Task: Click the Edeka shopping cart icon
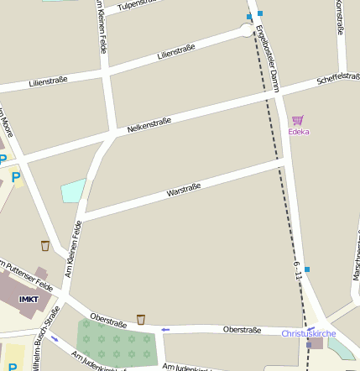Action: point(298,120)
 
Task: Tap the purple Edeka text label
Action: point(298,132)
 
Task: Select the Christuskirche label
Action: point(308,333)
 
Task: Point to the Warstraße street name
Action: point(182,191)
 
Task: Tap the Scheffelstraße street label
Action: point(338,80)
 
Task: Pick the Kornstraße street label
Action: point(340,17)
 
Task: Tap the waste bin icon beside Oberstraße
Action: point(141,319)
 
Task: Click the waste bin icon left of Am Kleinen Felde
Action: point(44,246)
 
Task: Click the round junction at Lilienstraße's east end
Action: point(247,30)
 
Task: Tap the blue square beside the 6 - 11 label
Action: point(307,269)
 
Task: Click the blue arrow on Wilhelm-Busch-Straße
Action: point(55,338)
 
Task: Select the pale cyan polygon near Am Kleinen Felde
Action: point(73,191)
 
